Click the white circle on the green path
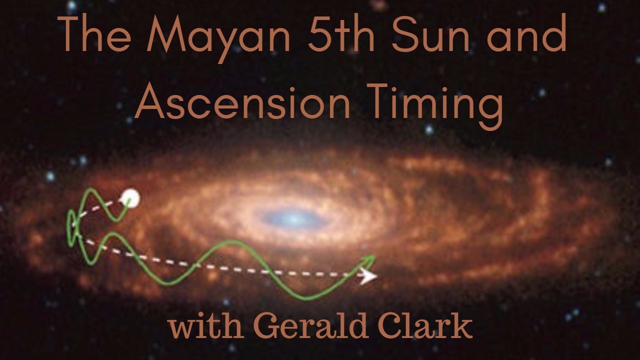click(x=131, y=198)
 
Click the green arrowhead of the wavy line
click(x=369, y=259)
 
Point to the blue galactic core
click(x=294, y=218)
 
